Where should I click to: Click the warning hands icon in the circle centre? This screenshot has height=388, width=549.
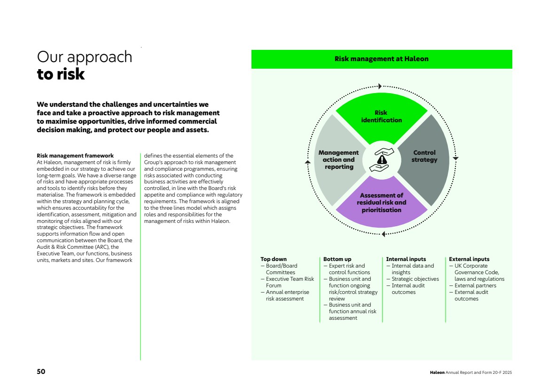pyautogui.click(x=382, y=159)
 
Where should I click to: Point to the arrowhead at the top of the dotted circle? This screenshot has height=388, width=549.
pyautogui.click(x=380, y=86)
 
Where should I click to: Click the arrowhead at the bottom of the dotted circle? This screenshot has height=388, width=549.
pyautogui.click(x=383, y=234)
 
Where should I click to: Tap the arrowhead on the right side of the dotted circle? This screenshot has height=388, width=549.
pyautogui.click(x=455, y=158)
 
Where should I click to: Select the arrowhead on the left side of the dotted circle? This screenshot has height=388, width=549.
pyautogui.click(x=308, y=162)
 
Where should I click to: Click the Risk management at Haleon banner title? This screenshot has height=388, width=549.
pyautogui.click(x=381, y=59)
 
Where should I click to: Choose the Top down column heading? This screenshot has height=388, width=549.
pyautogui.click(x=274, y=259)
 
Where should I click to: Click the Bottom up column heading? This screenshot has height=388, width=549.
pyautogui.click(x=337, y=259)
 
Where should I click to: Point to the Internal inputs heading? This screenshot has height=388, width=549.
pyautogui.click(x=406, y=259)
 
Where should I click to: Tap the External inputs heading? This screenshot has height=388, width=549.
pyautogui.click(x=469, y=259)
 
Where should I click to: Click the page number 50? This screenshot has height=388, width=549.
pyautogui.click(x=41, y=372)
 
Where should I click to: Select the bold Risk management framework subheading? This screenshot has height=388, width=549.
pyautogui.click(x=75, y=156)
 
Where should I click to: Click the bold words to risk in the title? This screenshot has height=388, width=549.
pyautogui.click(x=61, y=74)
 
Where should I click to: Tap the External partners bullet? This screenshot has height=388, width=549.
pyautogui.click(x=475, y=285)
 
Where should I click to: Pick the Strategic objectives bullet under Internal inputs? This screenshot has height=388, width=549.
pyautogui.click(x=415, y=279)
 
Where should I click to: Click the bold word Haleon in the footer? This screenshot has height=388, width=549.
pyautogui.click(x=437, y=372)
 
